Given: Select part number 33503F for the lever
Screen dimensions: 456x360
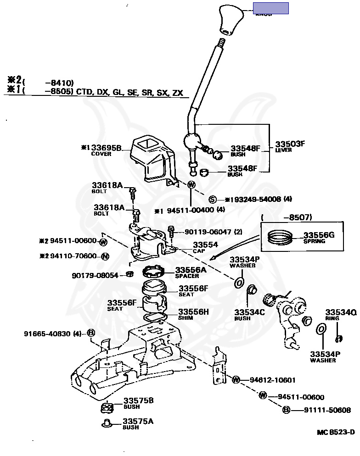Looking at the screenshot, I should tap(290, 144).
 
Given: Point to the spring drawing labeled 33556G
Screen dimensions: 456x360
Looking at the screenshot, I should tap(281, 238).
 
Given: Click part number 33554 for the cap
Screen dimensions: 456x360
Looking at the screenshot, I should tap(205, 245).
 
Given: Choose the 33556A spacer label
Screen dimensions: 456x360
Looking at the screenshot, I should tap(191, 270).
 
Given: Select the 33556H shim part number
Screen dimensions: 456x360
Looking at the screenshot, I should tap(193, 312).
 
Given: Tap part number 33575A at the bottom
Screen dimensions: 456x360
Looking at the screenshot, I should tap(138, 421).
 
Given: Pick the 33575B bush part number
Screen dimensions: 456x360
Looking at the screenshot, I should tap(138, 400).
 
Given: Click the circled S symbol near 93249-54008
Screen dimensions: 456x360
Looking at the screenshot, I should tap(213, 199).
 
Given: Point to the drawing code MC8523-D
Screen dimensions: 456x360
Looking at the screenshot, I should tap(336, 432).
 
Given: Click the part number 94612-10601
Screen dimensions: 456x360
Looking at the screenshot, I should tap(272, 380).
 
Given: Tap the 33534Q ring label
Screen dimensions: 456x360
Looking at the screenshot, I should tap(341, 312).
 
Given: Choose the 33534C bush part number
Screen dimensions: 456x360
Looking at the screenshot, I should tap(250, 312).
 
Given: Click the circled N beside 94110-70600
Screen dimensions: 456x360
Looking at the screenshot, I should tap(105, 256).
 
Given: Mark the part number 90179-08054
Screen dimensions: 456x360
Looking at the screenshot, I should tap(95, 275).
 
